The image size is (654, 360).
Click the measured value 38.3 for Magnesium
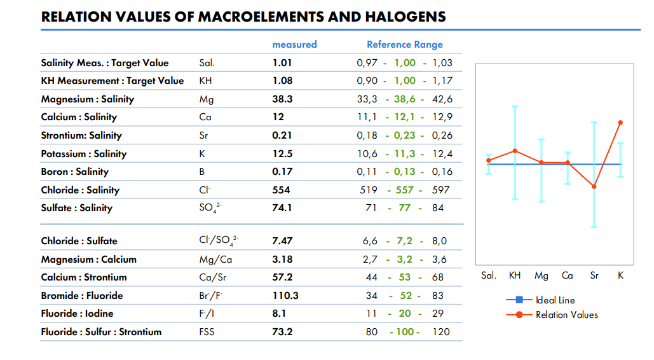(x=282, y=99)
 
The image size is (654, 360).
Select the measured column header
(x=294, y=45)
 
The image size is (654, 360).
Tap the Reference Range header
(x=404, y=45)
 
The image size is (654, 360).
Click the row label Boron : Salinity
(x=74, y=172)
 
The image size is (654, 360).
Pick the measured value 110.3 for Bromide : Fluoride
(x=285, y=296)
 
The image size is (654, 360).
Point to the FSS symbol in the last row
(x=207, y=332)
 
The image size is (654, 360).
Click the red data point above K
(x=620, y=123)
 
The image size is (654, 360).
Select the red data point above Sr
(x=594, y=186)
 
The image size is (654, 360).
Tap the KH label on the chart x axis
(x=515, y=275)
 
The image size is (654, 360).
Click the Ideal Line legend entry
(x=555, y=300)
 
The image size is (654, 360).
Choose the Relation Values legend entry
(x=566, y=315)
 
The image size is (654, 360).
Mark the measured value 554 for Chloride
(x=281, y=190)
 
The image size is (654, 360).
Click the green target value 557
(x=405, y=190)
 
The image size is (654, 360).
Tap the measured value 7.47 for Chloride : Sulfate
(x=282, y=241)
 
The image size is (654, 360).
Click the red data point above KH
(x=515, y=151)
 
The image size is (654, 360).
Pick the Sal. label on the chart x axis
(x=488, y=275)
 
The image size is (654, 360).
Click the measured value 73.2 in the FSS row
(x=282, y=332)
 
